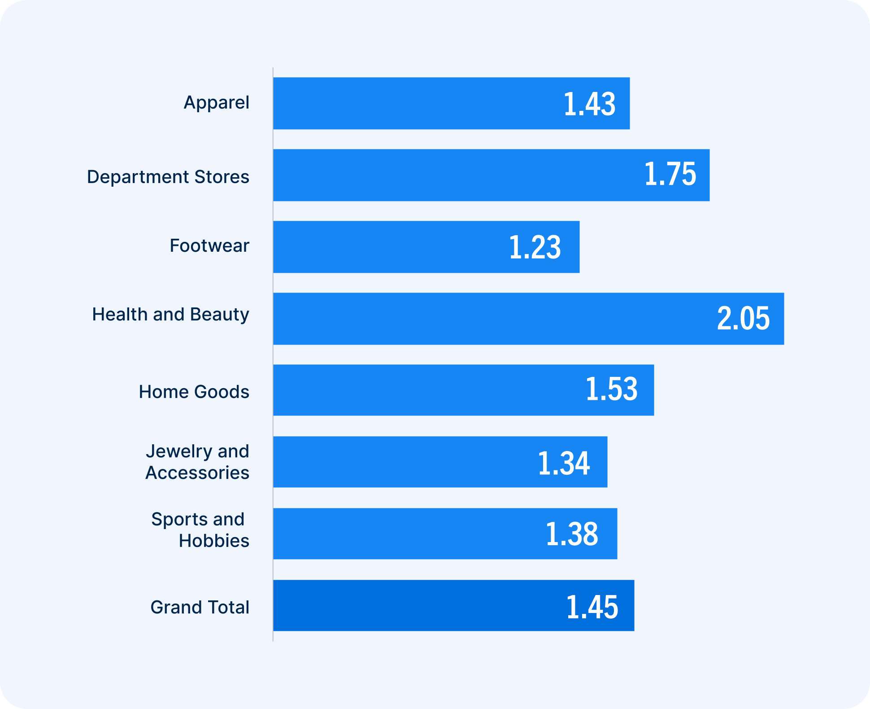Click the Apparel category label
(x=217, y=103)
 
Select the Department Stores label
(x=168, y=177)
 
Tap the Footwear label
(x=209, y=246)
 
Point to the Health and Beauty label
(x=170, y=315)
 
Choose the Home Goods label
(x=194, y=392)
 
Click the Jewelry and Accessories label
(x=197, y=462)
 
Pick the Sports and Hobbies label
(x=200, y=530)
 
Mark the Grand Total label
(x=200, y=607)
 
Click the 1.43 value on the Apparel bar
(x=589, y=104)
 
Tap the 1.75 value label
(x=670, y=174)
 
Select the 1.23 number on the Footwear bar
(x=535, y=247)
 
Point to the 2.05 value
(x=743, y=319)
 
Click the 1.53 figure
(x=611, y=389)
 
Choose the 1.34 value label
(x=563, y=463)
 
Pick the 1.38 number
(x=572, y=534)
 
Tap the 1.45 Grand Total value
(x=592, y=607)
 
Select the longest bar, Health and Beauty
(x=493, y=319)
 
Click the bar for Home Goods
(x=426, y=390)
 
